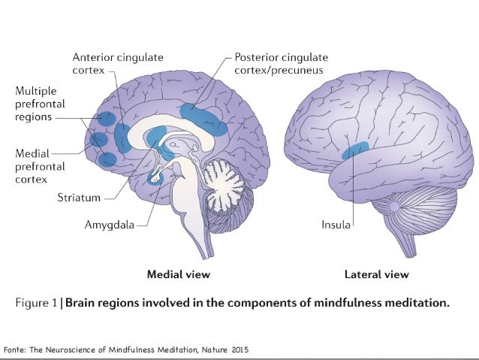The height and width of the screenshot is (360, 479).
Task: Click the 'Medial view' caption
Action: [x=179, y=274]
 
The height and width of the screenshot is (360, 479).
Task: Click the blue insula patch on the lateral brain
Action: [x=355, y=150]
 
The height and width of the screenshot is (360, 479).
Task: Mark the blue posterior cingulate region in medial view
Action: [x=203, y=119]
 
